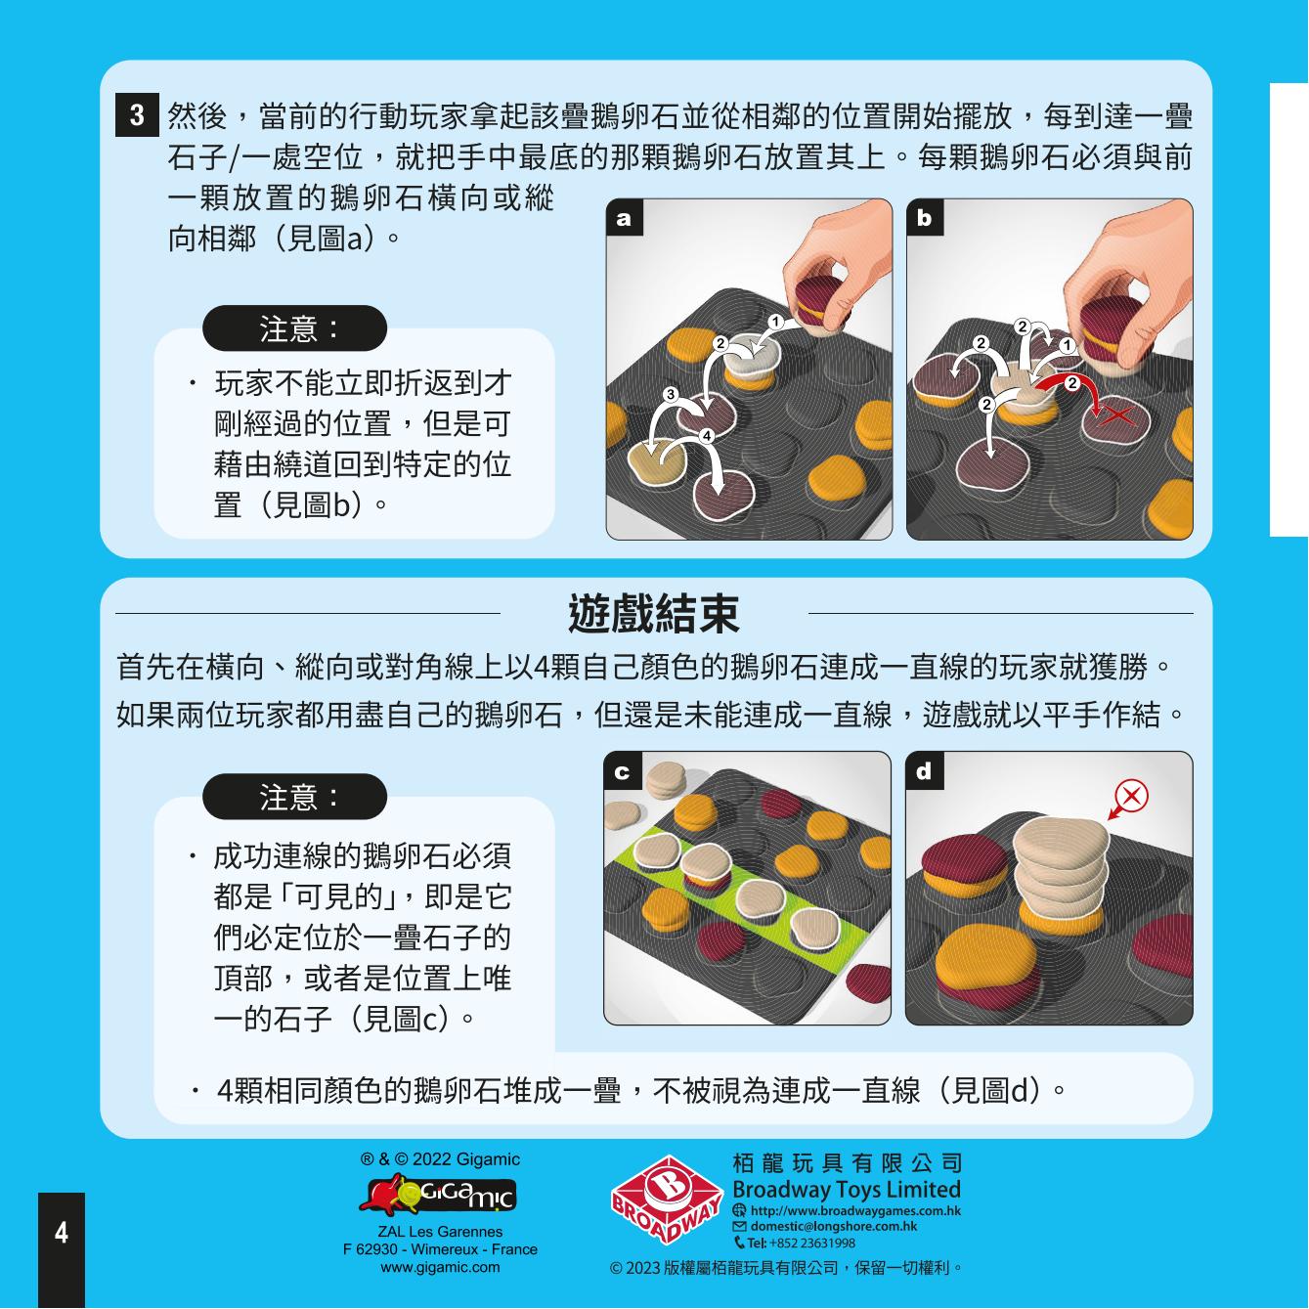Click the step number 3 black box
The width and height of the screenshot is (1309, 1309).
[x=137, y=114]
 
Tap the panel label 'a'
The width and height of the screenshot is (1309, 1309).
[x=624, y=218]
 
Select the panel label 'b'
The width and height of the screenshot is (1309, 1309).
[x=925, y=217]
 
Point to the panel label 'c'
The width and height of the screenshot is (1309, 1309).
[x=622, y=771]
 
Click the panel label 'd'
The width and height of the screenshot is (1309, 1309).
[x=924, y=771]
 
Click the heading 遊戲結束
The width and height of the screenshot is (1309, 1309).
[x=653, y=613]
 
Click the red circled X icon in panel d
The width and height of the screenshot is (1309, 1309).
[x=1132, y=795]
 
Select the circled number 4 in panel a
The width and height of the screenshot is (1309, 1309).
[x=707, y=435]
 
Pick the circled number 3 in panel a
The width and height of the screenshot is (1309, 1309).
[x=671, y=395]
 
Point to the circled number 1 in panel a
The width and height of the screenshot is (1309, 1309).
[x=775, y=322]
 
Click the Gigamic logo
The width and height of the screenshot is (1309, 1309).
[x=438, y=1197]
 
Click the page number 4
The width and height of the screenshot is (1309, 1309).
[x=62, y=1232]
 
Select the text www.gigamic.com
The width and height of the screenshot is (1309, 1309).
[x=440, y=1268]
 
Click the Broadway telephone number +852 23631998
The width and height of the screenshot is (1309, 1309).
[x=802, y=1244]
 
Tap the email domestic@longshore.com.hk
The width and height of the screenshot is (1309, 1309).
[x=834, y=1226]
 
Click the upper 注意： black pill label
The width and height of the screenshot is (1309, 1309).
[x=295, y=328]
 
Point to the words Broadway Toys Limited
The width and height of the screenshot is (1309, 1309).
[x=847, y=1190]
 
